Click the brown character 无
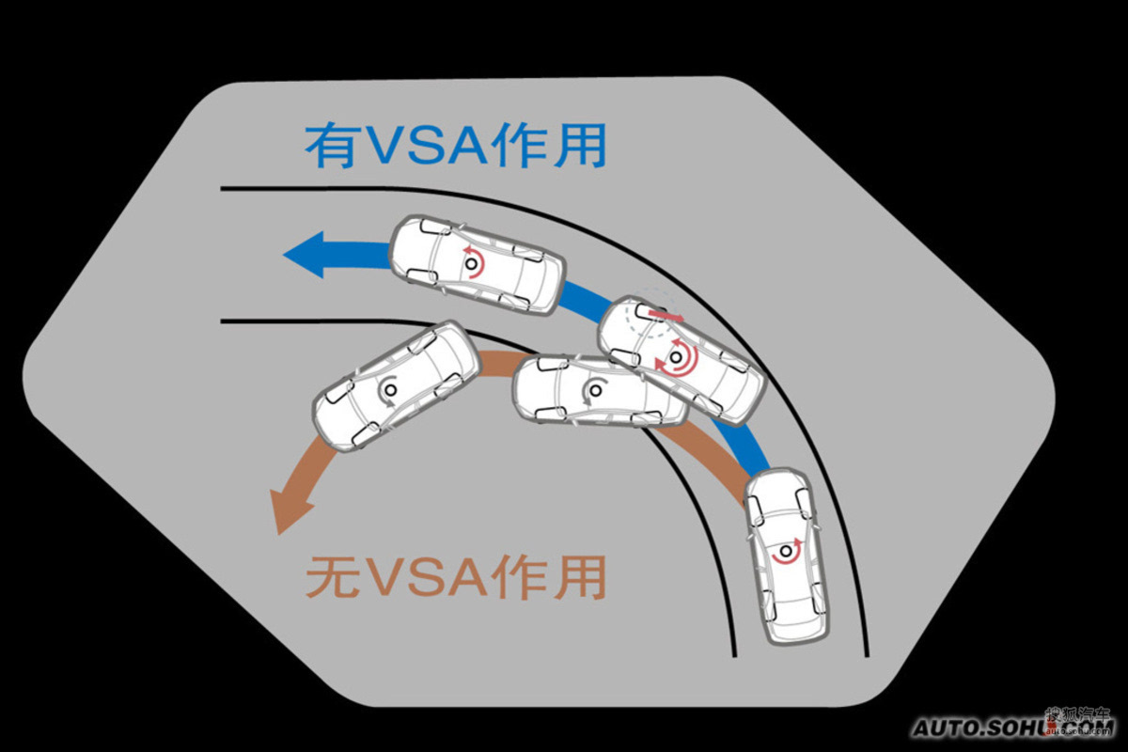pos(332,578)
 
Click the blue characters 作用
pos(548,146)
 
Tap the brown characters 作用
pos(548,578)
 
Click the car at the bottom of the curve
pos(786,557)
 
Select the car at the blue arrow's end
pos(478,264)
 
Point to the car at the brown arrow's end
pos(396,386)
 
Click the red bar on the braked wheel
pos(666,315)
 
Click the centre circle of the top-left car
pos(471,263)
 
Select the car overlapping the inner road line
pos(601,390)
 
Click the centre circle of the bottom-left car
pos(390,389)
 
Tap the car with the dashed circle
pos(681,361)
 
